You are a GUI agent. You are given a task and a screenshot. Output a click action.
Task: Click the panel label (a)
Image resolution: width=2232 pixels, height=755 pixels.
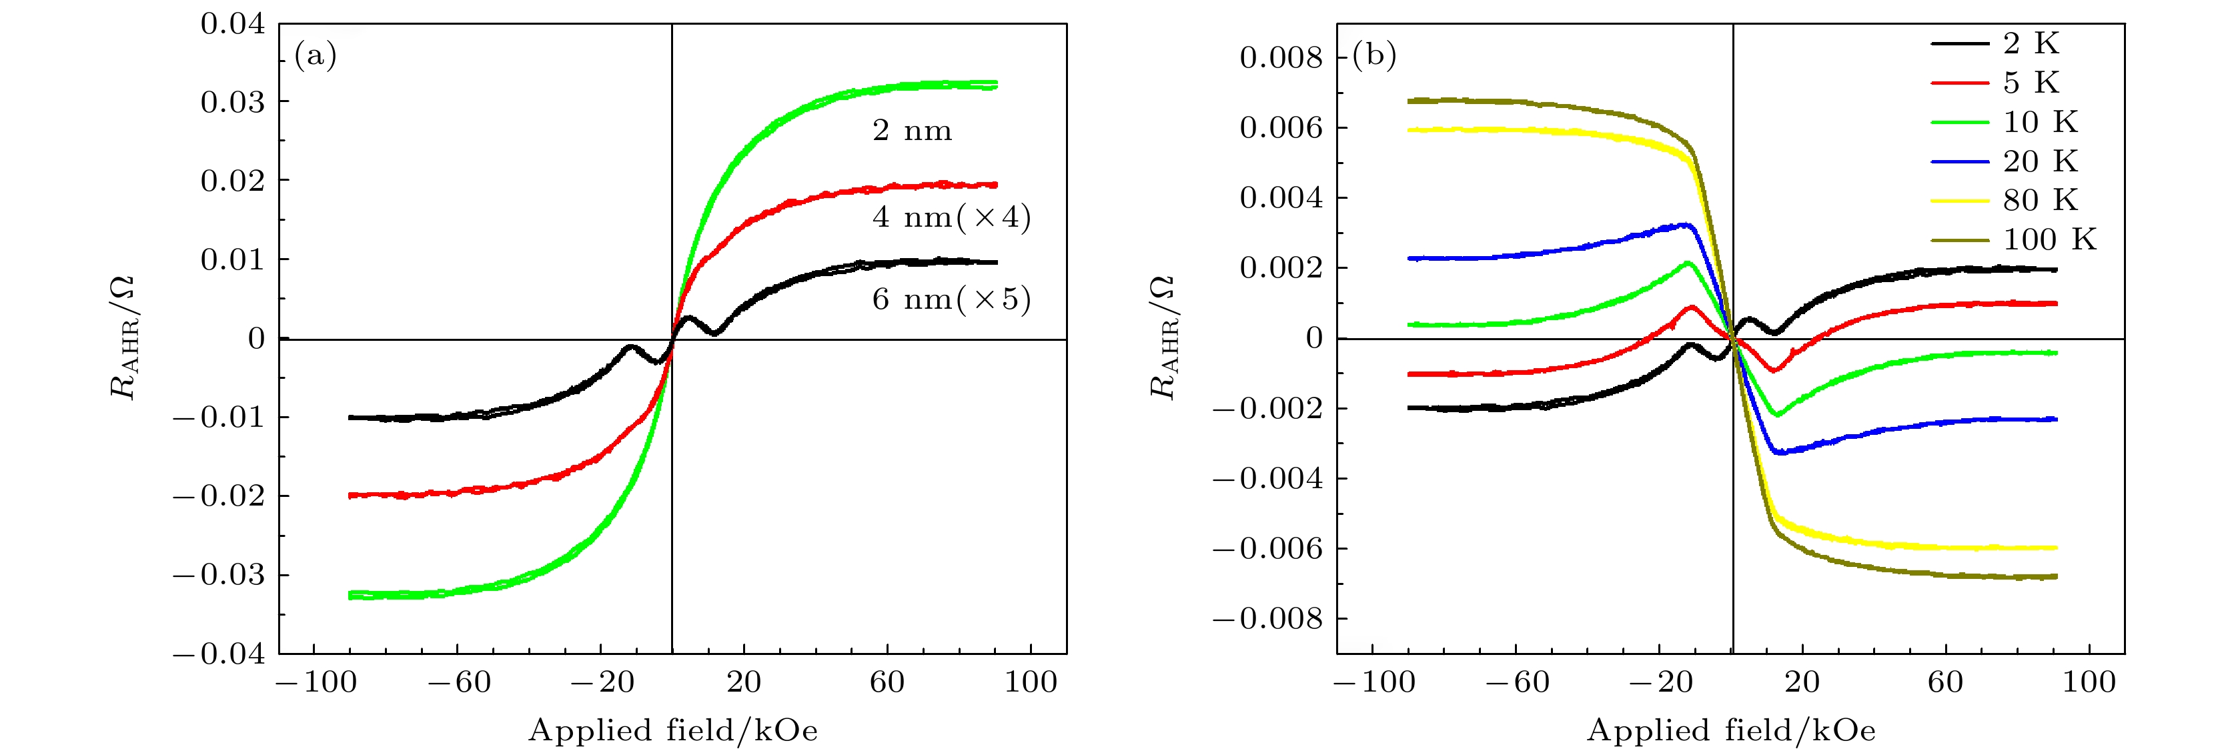coord(316,56)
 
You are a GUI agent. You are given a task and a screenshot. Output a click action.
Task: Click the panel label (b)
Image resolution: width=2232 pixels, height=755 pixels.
coord(1374,56)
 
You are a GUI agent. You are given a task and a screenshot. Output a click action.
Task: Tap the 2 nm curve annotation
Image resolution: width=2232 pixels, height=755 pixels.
coord(911,131)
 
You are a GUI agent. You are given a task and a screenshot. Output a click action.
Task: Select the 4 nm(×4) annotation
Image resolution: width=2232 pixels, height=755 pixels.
coord(951,217)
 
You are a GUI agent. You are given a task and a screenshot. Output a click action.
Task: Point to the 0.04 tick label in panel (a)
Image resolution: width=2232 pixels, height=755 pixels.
coord(232,24)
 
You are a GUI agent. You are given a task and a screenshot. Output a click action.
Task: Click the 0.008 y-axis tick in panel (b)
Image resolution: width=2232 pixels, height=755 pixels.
coord(1281,58)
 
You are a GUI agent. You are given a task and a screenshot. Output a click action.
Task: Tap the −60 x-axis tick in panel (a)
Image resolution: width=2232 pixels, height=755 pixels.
coord(459,682)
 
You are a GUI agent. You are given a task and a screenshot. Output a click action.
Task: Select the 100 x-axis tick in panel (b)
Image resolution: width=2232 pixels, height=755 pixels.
coord(2088,682)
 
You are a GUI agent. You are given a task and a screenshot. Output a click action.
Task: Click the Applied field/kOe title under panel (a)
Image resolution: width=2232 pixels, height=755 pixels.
coord(673,731)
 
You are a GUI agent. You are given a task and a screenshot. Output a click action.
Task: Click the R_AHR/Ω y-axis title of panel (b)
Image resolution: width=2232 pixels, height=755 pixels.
coord(1163,338)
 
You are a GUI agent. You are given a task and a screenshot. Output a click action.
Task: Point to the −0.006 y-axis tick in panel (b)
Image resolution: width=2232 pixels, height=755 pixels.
coord(1267,549)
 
